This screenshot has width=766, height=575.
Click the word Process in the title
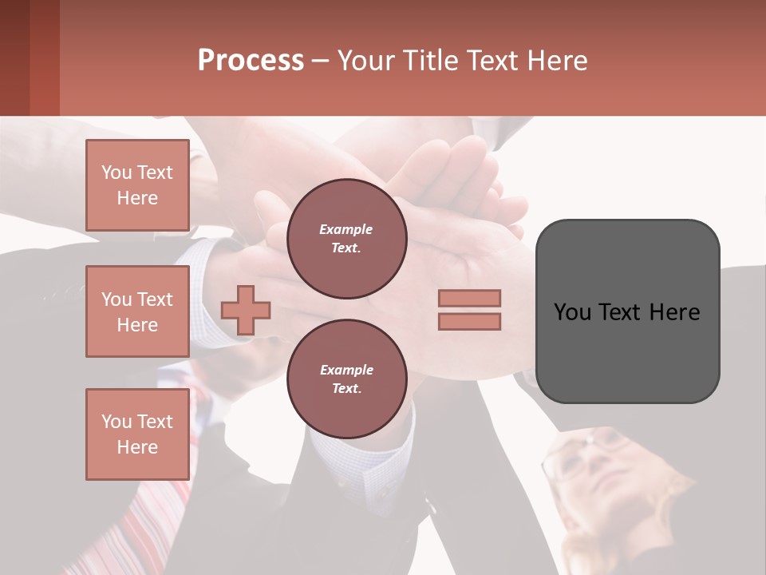click(251, 61)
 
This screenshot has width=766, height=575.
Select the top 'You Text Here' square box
click(137, 185)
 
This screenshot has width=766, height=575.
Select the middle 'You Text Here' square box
click(137, 311)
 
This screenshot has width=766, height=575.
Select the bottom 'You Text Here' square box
click(137, 434)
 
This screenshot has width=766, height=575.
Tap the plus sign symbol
click(246, 309)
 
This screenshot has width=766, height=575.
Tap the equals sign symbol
click(469, 310)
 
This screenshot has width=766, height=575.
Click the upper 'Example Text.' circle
click(346, 238)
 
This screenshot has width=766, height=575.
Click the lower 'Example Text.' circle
click(346, 379)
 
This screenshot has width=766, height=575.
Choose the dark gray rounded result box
click(627, 311)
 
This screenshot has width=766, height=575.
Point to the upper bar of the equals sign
click(469, 299)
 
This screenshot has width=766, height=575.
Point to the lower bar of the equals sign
click(469, 321)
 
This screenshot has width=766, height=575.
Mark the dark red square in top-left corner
click(30, 57)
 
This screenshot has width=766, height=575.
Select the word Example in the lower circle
click(346, 370)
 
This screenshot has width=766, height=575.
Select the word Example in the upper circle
click(346, 229)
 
